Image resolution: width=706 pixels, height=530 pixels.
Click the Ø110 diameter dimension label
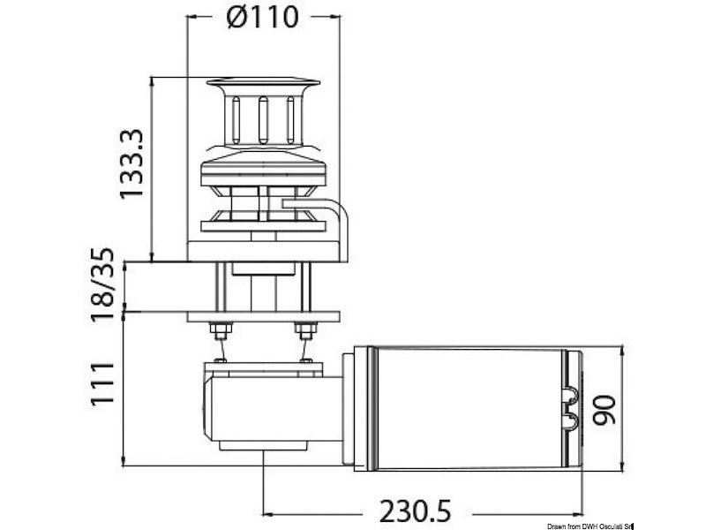coord(264,17)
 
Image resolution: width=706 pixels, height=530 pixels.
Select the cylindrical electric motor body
coord(468,407)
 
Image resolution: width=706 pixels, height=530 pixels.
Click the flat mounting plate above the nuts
coord(264,316)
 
